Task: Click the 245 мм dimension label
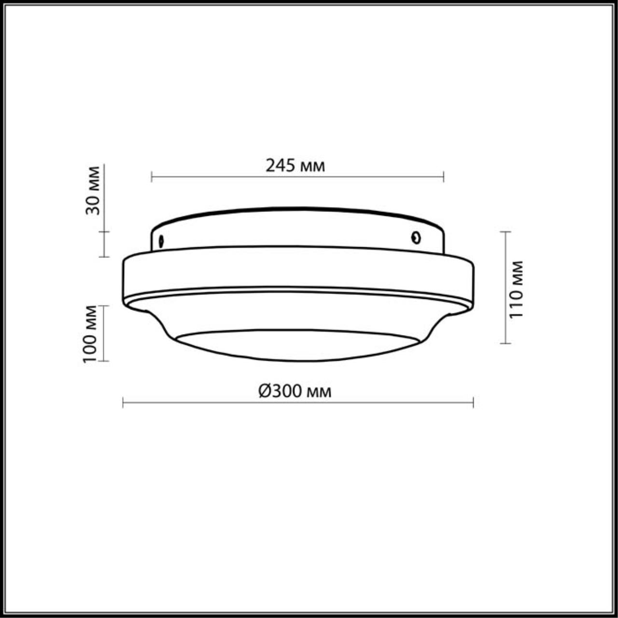click(x=295, y=166)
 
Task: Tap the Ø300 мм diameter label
click(x=295, y=391)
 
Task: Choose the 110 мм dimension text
click(x=516, y=289)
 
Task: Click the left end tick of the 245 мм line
click(x=152, y=177)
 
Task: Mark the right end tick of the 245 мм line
click(x=443, y=177)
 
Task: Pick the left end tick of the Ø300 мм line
click(x=123, y=402)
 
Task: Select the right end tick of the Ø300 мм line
click(x=473, y=402)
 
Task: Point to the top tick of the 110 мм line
click(x=505, y=232)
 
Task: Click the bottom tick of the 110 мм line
click(x=505, y=343)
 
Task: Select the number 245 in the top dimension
click(x=281, y=166)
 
